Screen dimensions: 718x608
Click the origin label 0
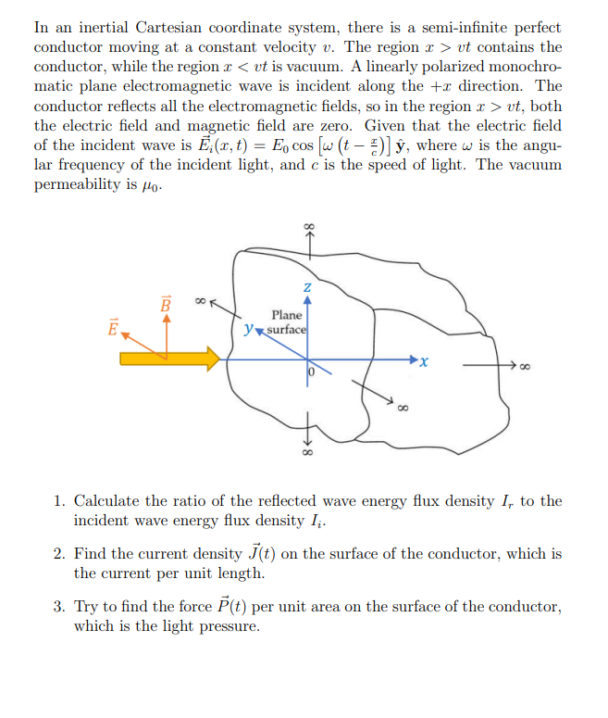313,372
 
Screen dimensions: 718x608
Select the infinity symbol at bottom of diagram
308,455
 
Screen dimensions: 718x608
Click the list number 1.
57,501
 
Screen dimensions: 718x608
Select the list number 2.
57,554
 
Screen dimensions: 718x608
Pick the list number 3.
57,607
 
